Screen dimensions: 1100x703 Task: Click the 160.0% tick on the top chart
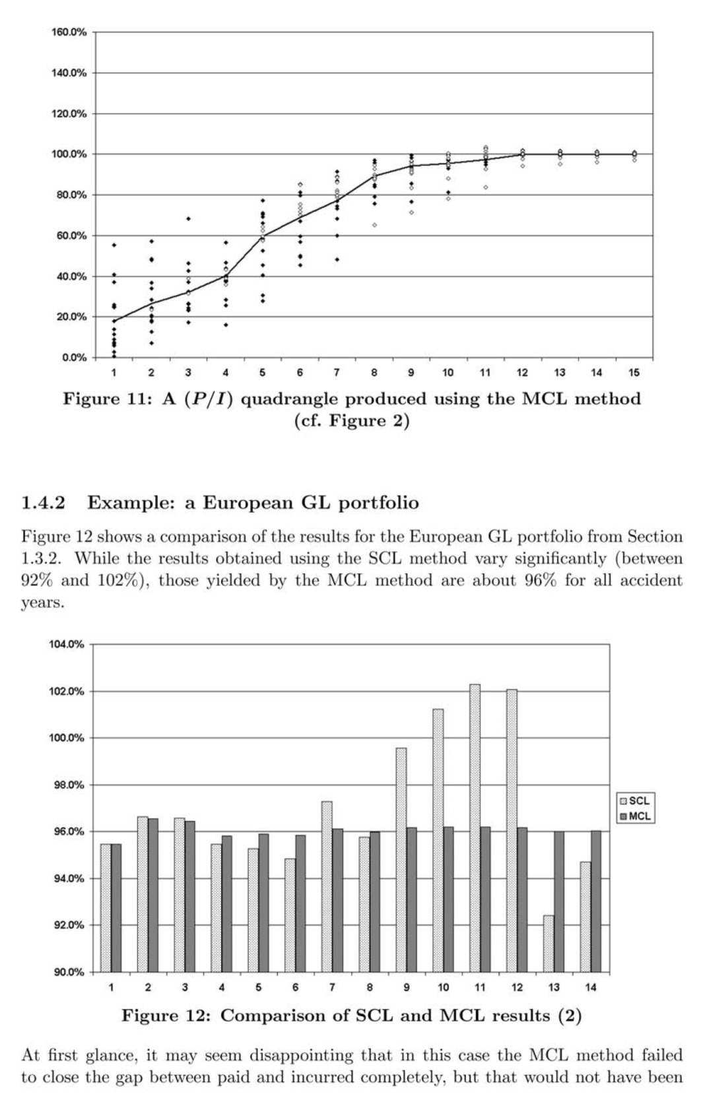(69, 32)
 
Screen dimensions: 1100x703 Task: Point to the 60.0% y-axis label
(69, 236)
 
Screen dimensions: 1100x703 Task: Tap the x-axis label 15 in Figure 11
(634, 373)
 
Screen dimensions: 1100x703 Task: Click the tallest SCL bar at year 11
(475, 828)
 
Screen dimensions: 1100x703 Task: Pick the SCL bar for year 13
(549, 944)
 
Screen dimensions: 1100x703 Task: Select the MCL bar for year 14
(596, 901)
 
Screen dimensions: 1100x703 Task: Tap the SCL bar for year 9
(401, 860)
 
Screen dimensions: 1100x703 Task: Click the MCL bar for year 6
(300, 903)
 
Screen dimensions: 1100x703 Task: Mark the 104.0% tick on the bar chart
(67, 645)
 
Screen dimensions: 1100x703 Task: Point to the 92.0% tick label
(67, 925)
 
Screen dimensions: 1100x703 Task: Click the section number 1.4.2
(44, 503)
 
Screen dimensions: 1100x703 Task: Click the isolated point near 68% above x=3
(189, 218)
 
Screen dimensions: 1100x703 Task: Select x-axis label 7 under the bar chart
(332, 988)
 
